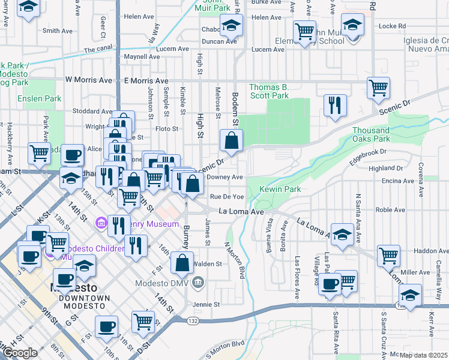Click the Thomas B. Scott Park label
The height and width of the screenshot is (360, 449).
coord(269,91)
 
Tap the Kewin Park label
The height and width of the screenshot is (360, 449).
coord(280,190)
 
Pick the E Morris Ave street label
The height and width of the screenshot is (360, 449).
coord(146,80)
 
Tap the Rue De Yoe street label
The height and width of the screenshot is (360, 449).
coord(227,197)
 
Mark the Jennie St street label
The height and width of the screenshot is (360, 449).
coord(207,304)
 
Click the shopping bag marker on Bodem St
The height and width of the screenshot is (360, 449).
coord(231,142)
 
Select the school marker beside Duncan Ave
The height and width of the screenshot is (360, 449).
coord(230,26)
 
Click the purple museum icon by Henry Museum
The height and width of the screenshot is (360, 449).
coord(100,224)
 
